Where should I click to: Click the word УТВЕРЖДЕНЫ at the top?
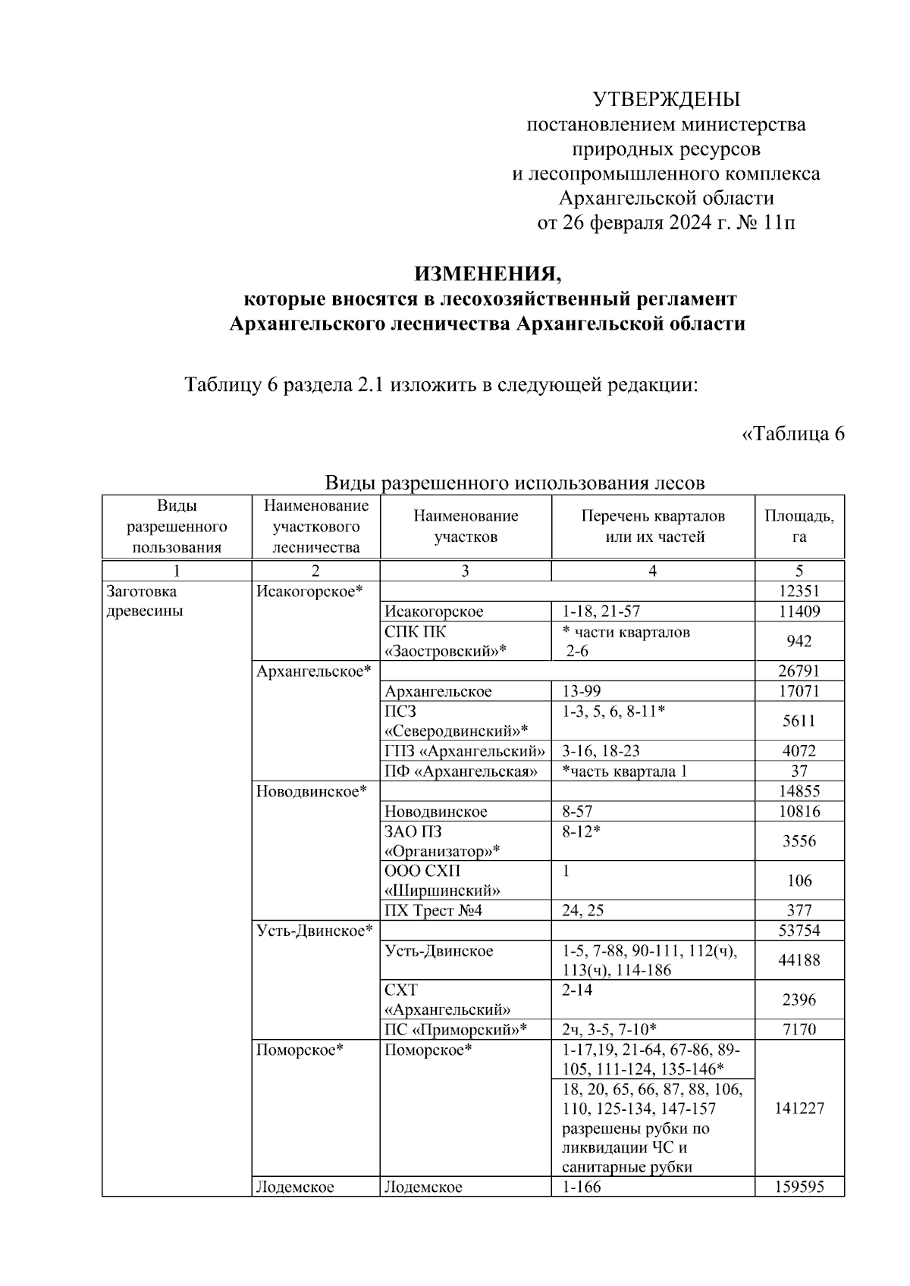click(666, 99)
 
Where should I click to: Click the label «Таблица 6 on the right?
click(792, 434)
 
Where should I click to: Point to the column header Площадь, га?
click(799, 527)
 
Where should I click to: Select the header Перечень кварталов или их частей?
click(652, 527)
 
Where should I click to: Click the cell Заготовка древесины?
click(144, 601)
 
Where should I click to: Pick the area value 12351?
click(799, 592)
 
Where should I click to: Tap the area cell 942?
click(799, 641)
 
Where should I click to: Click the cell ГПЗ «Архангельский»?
click(464, 751)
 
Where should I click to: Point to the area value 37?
click(799, 771)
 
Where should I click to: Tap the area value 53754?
click(799, 931)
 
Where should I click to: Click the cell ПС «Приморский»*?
click(455, 1029)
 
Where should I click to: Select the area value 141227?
click(799, 1108)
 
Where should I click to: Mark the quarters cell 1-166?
click(581, 1187)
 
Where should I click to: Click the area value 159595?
click(799, 1187)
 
